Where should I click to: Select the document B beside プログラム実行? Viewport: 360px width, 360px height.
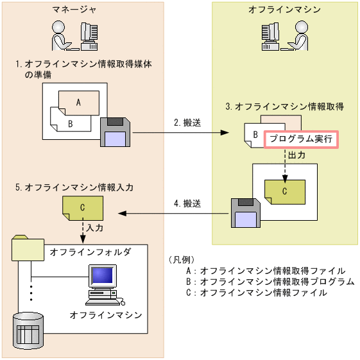(x=255, y=136)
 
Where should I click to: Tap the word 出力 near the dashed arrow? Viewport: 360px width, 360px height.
(x=297, y=156)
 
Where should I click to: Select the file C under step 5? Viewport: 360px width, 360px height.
(x=81, y=208)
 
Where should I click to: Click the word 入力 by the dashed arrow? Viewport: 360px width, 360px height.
(x=95, y=227)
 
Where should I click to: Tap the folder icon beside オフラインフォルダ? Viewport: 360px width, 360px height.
(x=28, y=249)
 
